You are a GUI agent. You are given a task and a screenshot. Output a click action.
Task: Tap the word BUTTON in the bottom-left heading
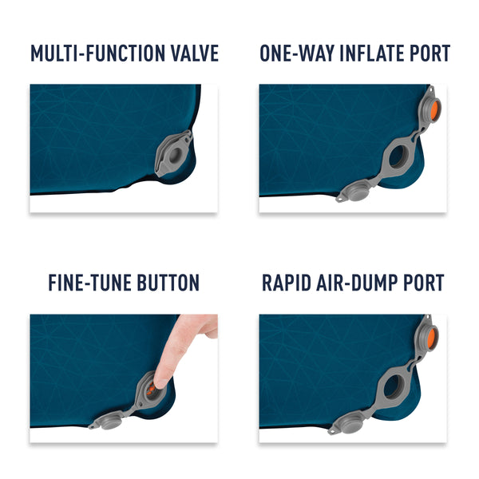click(166, 283)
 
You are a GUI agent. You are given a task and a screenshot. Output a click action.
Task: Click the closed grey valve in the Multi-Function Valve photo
click(174, 149)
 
